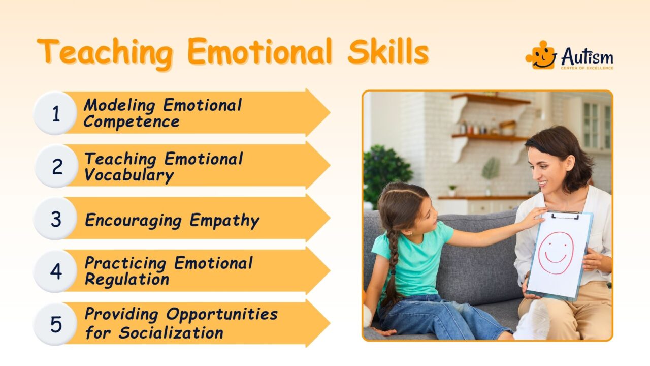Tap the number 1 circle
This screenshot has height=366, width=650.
pyautogui.click(x=55, y=114)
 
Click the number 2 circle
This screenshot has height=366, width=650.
pyautogui.click(x=55, y=166)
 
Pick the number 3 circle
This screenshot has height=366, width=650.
pyautogui.click(x=55, y=219)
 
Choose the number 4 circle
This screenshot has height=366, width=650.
pyautogui.click(x=55, y=271)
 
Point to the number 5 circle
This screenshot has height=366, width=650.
pyautogui.click(x=55, y=324)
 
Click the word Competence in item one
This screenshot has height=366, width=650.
pyautogui.click(x=132, y=122)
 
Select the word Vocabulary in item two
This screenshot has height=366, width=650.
pyautogui.click(x=129, y=175)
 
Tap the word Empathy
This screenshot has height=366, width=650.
pyautogui.click(x=224, y=221)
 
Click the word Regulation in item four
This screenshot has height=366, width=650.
pyautogui.click(x=126, y=280)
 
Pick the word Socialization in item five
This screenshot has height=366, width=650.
pyautogui.click(x=171, y=333)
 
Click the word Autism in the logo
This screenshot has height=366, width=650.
pyautogui.click(x=587, y=57)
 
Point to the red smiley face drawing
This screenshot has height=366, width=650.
pyautogui.click(x=556, y=253)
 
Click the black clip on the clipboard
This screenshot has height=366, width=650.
pyautogui.click(x=565, y=215)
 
